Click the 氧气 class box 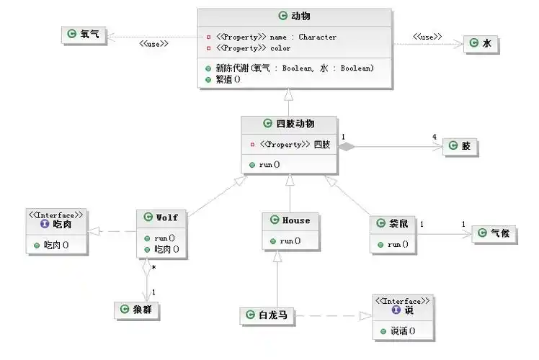(84, 34)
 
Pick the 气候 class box (494, 233)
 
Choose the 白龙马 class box (267, 315)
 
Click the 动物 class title (295, 16)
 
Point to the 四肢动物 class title (290, 123)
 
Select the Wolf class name (161, 217)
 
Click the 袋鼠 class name (393, 224)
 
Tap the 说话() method (401, 332)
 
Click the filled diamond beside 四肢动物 (347, 147)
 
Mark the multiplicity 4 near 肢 (434, 138)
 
